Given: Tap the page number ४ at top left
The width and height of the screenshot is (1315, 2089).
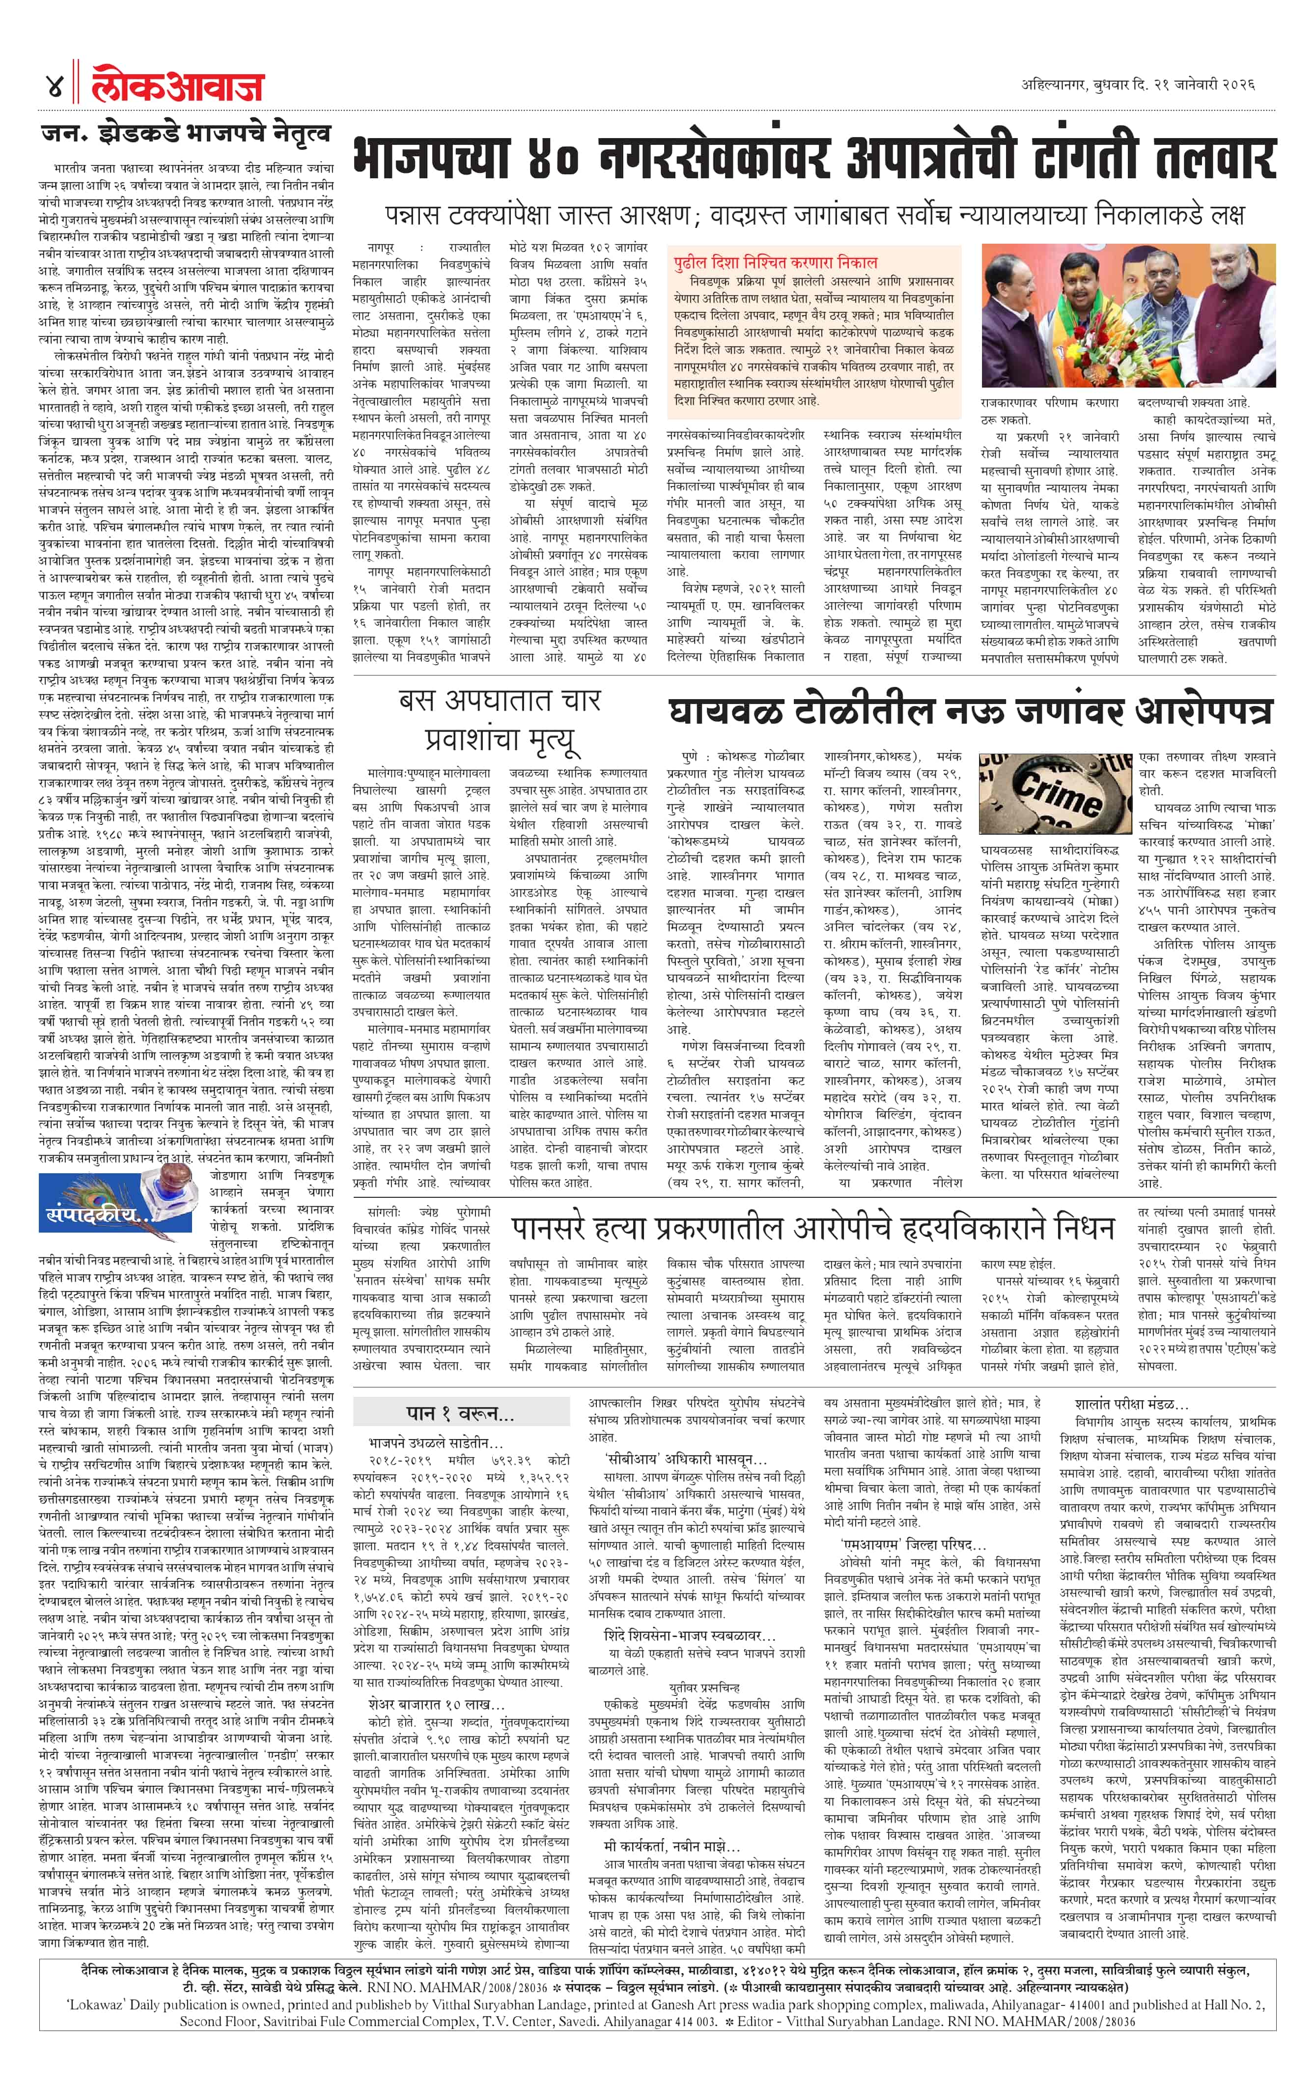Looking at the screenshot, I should tap(54, 87).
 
